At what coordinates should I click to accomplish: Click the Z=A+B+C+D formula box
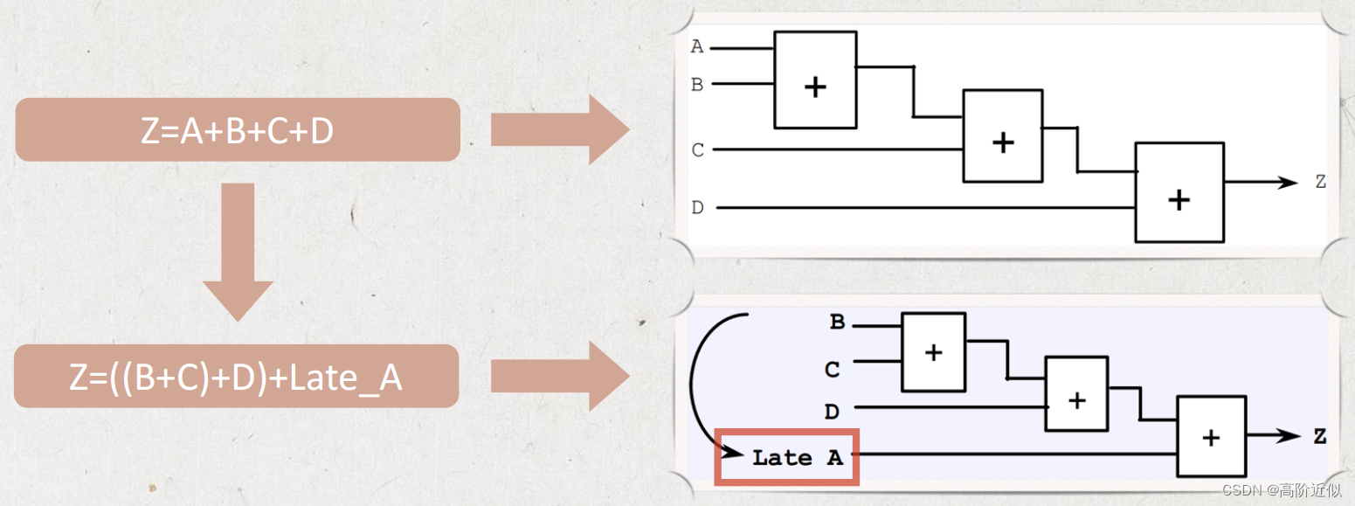[238, 129]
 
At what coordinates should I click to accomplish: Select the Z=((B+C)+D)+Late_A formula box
[237, 377]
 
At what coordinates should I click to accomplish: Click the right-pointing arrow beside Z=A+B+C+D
[560, 129]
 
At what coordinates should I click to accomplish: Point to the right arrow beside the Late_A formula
[560, 377]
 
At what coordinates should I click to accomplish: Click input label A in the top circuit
[697, 47]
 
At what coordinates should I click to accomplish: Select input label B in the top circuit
[697, 85]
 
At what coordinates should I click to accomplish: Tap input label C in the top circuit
[697, 150]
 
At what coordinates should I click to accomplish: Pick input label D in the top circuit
[697, 208]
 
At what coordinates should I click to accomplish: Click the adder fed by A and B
[815, 80]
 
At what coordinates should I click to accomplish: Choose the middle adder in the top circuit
[1003, 135]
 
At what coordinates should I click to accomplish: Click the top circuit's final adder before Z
[1179, 191]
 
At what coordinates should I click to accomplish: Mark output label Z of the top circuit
[1320, 182]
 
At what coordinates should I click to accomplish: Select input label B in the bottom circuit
[837, 323]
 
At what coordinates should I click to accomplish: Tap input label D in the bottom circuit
[833, 410]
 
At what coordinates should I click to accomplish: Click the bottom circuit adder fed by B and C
[934, 352]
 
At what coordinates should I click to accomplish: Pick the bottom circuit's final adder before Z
[1210, 437]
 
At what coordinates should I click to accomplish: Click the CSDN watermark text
[1281, 491]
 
